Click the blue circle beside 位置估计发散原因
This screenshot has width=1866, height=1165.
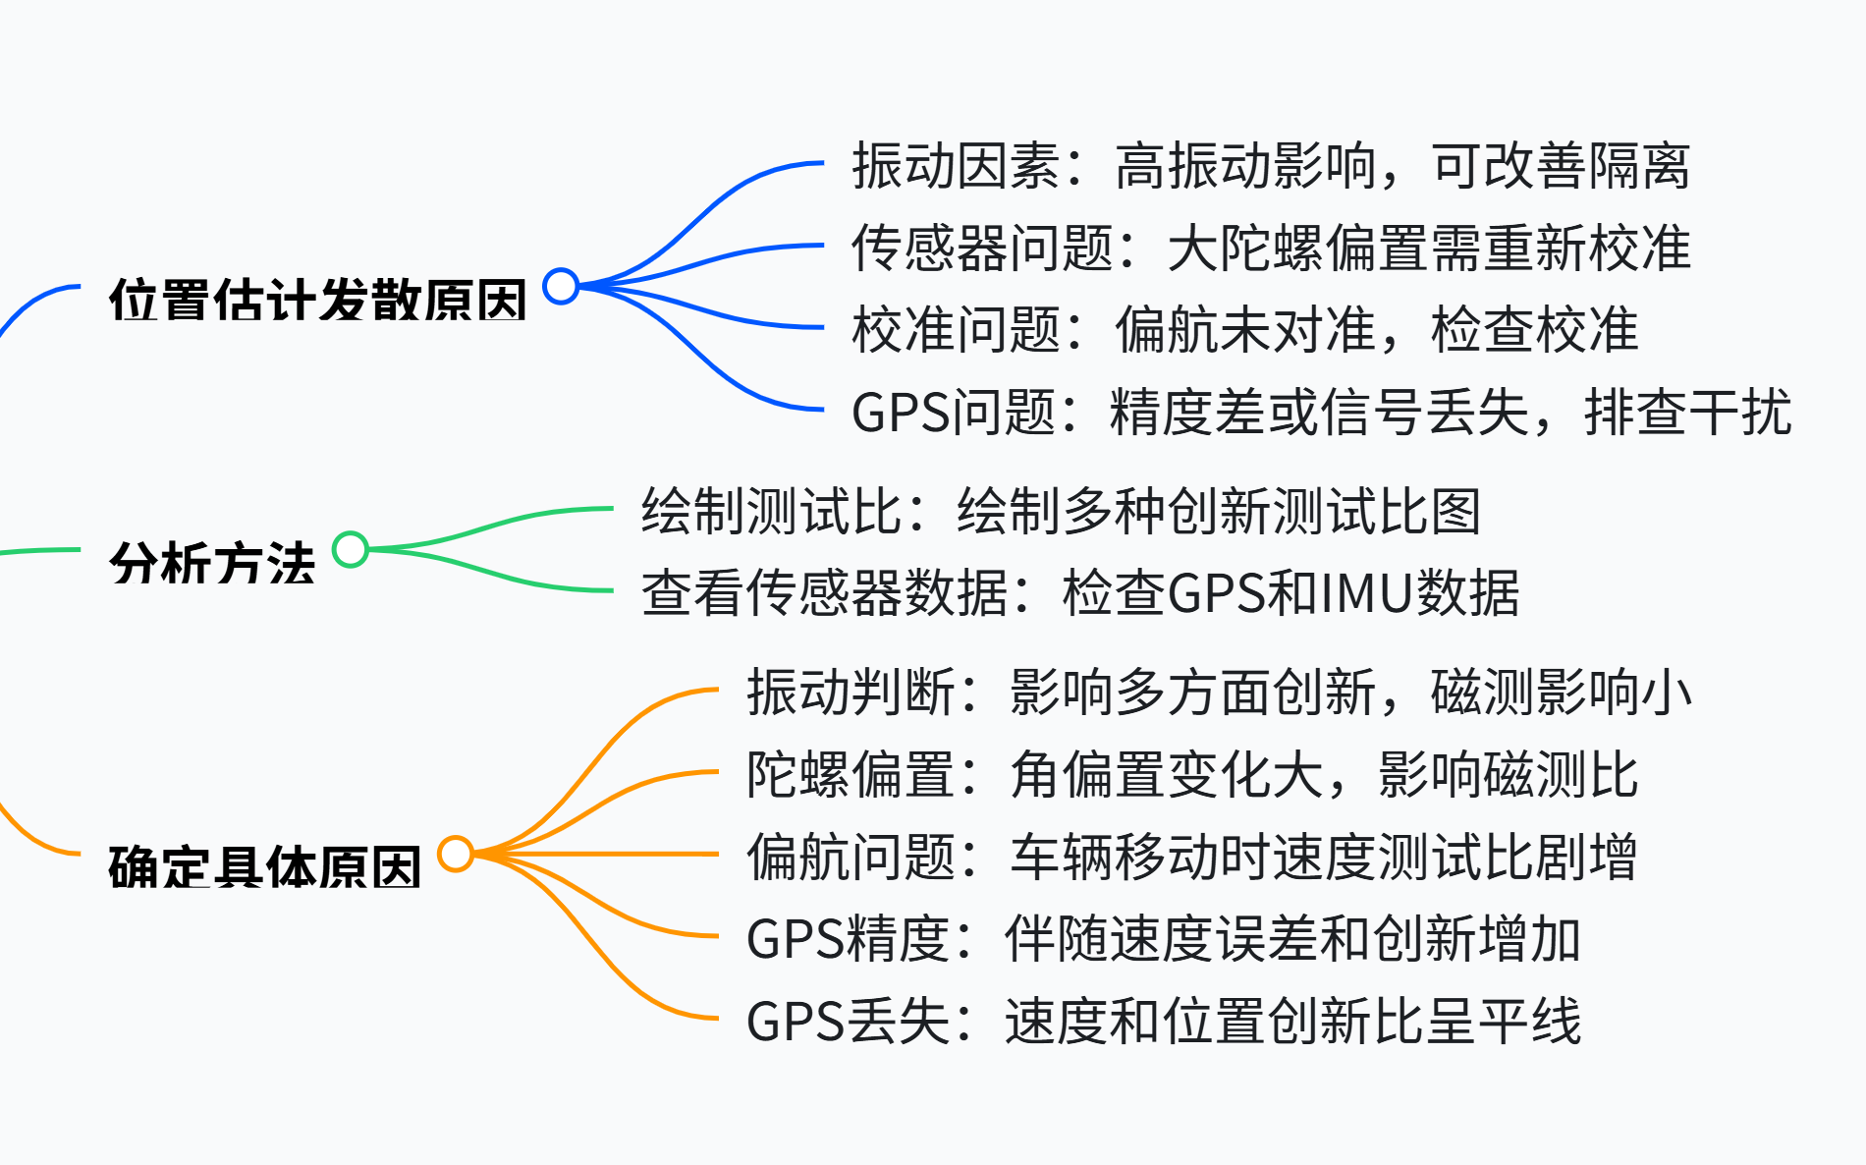click(561, 286)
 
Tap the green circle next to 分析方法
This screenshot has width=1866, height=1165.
click(351, 549)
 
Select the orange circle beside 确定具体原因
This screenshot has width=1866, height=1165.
click(456, 854)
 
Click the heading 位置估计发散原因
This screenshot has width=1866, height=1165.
click(317, 300)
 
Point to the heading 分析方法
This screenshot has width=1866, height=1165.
click(212, 563)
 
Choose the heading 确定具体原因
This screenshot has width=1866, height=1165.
click(264, 867)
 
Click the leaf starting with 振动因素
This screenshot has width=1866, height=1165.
click(1270, 165)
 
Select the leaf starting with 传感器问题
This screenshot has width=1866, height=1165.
click(1270, 247)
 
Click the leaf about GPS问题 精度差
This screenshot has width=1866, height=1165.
click(1321, 412)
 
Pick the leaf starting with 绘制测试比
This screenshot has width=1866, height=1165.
click(1061, 511)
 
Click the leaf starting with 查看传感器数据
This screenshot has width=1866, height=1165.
click(1080, 593)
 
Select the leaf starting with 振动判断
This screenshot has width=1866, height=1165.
click(1218, 692)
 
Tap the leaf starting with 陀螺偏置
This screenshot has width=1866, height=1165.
click(1191, 774)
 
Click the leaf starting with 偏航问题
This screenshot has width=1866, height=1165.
click(1191, 856)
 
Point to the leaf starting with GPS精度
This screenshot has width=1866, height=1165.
click(1164, 938)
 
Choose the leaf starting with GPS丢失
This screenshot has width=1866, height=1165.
click(1164, 1021)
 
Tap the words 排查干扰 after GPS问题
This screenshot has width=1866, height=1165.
click(1687, 412)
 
